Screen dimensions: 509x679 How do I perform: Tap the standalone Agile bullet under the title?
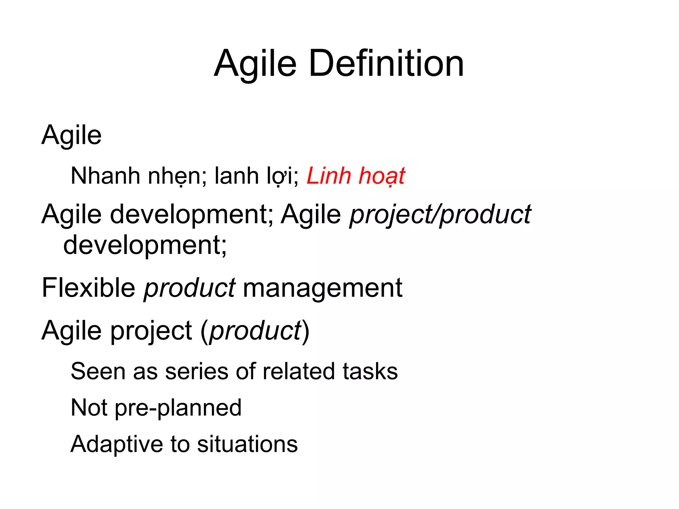tap(71, 135)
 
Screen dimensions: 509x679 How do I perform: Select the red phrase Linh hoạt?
tap(355, 176)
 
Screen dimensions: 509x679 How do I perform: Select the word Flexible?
tap(88, 288)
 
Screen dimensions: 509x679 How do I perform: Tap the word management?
tap(322, 288)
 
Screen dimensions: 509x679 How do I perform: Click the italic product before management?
tap(189, 288)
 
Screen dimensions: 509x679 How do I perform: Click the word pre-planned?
tap(178, 408)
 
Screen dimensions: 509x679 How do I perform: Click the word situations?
tap(247, 444)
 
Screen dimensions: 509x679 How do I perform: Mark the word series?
tap(197, 371)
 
